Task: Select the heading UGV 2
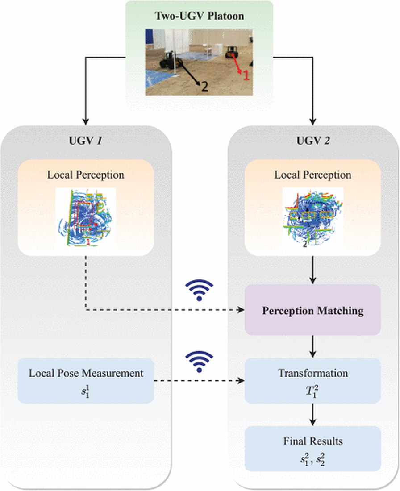point(312,141)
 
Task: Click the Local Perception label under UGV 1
point(86,175)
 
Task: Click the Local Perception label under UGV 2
point(312,175)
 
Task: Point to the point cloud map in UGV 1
point(86,216)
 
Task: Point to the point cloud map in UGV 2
point(312,216)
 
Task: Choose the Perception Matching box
point(312,311)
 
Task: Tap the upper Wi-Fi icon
point(199,291)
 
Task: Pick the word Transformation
point(312,372)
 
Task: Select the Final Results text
point(312,441)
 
